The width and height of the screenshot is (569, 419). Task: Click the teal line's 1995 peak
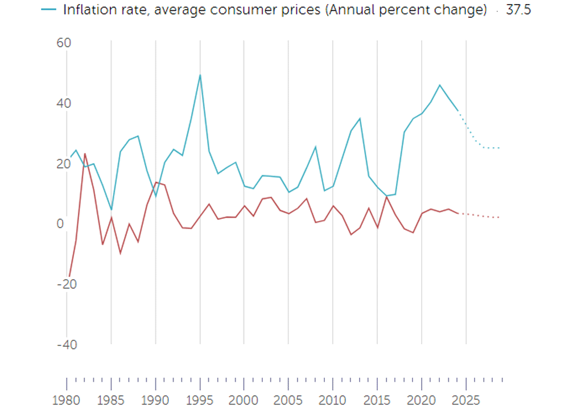point(200,75)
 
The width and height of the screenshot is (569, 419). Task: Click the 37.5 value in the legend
point(518,10)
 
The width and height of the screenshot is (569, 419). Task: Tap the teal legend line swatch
point(50,10)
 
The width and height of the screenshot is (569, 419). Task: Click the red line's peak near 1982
point(85,153)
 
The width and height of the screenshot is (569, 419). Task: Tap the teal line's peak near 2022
point(439,85)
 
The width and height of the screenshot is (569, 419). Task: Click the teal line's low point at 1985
point(112,210)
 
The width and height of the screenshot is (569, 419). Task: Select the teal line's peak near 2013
point(360,118)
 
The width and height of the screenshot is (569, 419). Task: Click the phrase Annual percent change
point(406,10)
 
